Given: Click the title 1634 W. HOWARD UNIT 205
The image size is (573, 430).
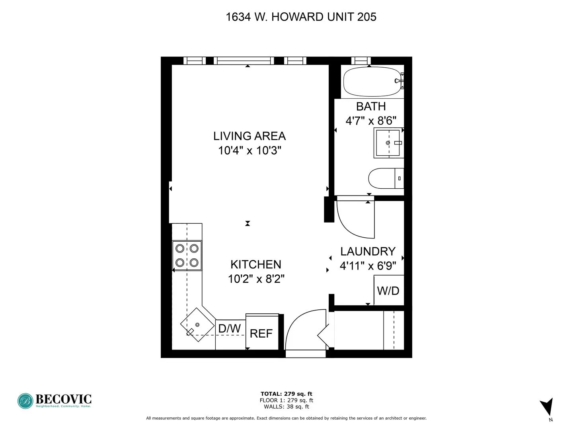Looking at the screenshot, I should [x=301, y=17].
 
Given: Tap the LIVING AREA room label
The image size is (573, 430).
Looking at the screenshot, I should [x=249, y=136].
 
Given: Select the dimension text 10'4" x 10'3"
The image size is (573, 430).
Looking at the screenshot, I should [x=249, y=150].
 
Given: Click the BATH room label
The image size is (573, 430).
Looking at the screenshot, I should [x=370, y=106].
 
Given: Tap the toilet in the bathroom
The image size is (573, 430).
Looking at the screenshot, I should [x=385, y=178].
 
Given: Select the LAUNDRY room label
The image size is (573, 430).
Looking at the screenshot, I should [x=368, y=251].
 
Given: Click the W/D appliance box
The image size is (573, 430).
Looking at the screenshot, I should [x=388, y=291].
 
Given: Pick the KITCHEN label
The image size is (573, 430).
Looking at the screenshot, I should [x=256, y=264].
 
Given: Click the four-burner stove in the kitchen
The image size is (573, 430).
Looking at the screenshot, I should [x=187, y=256].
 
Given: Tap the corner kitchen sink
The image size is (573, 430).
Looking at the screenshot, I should [x=197, y=324].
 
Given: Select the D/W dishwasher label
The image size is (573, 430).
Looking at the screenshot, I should [x=230, y=328].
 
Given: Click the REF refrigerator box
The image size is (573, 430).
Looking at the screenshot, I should [x=261, y=333].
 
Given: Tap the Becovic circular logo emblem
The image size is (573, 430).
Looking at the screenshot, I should [x=25, y=401].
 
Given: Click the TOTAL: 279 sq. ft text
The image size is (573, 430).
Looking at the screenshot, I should [x=286, y=394].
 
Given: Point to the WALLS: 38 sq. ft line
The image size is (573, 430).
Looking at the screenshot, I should [x=286, y=407].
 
